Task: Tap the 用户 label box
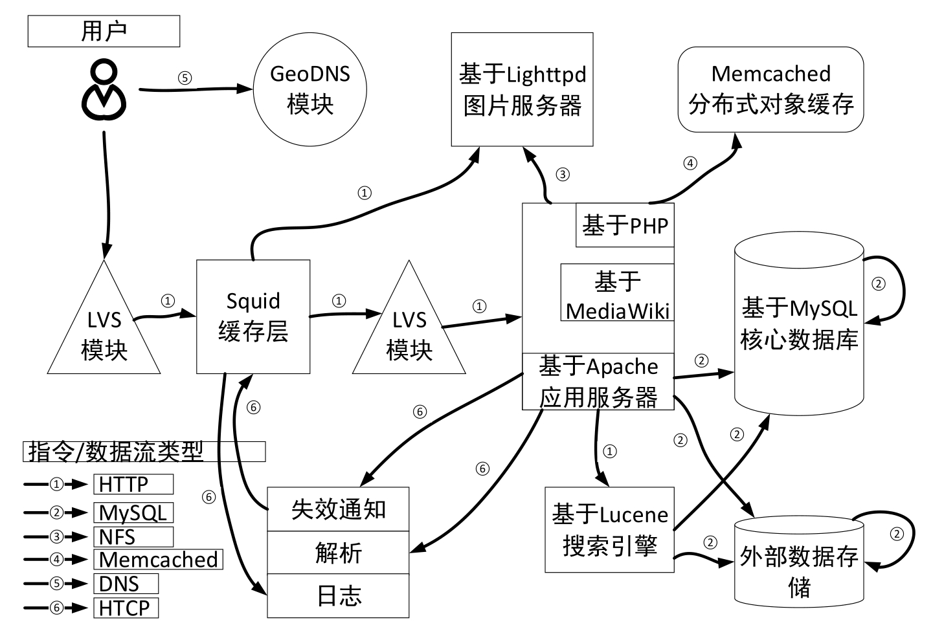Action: coord(104,31)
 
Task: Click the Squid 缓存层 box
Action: coord(253,316)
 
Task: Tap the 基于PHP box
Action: coord(625,225)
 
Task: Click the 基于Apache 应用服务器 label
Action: coord(598,382)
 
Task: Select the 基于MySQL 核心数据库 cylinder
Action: coord(799,324)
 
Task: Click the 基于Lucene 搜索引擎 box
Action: coord(609,529)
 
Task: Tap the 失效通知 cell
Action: coord(338,509)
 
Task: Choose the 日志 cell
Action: coord(338,595)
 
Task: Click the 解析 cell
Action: coord(338,553)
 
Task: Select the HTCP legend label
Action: coord(126,608)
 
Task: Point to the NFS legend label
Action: coord(133,536)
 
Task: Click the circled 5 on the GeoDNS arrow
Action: coord(185,78)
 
